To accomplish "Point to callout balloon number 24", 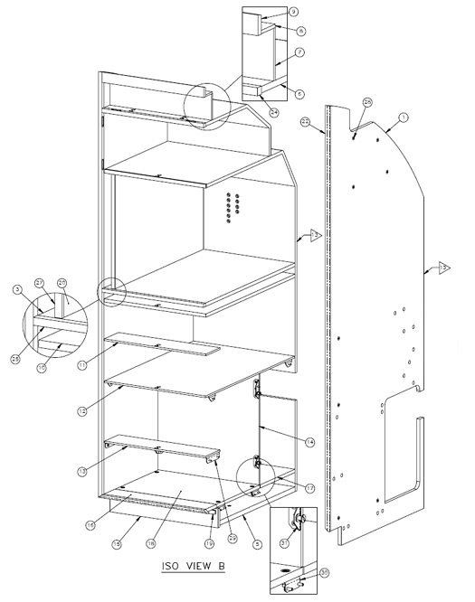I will [273, 112].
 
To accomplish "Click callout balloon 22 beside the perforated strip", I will [306, 121].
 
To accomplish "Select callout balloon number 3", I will [16, 289].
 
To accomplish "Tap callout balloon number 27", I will [39, 283].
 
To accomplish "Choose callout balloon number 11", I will [82, 365].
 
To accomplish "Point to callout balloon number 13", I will [82, 471].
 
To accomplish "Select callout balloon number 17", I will [311, 488].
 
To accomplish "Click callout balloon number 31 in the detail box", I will [283, 543].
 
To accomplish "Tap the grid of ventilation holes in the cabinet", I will [232, 210].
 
